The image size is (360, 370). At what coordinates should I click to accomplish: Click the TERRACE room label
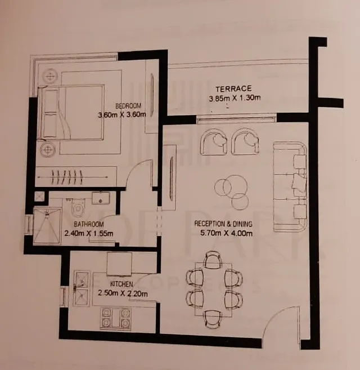pyautogui.click(x=233, y=89)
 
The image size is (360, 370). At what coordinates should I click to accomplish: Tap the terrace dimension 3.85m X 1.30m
pyautogui.click(x=233, y=99)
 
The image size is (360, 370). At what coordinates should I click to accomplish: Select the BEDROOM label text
pyautogui.click(x=128, y=106)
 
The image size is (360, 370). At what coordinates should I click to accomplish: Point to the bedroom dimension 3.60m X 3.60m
pyautogui.click(x=122, y=115)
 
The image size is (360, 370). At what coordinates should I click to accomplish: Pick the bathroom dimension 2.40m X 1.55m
pyautogui.click(x=88, y=233)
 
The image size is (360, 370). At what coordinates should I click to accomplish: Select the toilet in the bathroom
pyautogui.click(x=78, y=206)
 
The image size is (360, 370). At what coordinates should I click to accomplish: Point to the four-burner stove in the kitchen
pyautogui.click(x=116, y=318)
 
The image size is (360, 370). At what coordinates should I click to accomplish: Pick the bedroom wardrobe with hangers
pyautogui.click(x=76, y=176)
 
